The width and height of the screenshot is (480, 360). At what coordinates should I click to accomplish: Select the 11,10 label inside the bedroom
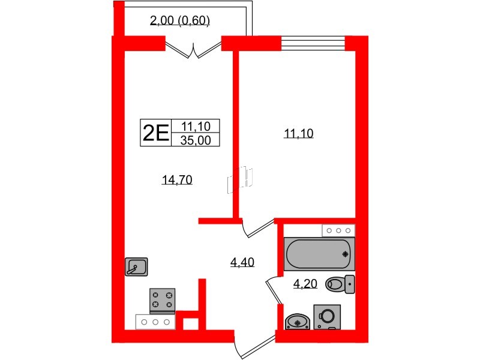[x=299, y=134]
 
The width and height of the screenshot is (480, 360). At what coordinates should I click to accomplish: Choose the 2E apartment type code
[x=155, y=132]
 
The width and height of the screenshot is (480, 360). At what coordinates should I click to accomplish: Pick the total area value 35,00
[x=196, y=140]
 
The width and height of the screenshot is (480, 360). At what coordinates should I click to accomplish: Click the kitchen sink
[x=137, y=266]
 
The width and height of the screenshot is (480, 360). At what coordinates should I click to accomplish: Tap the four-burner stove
[x=162, y=301]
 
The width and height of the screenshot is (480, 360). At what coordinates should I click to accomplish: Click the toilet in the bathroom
[x=340, y=284]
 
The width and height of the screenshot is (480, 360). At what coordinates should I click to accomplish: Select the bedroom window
[x=313, y=43]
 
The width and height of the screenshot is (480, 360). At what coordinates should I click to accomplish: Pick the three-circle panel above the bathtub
[x=338, y=230]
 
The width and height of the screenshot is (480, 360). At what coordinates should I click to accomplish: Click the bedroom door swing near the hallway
[x=255, y=227]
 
